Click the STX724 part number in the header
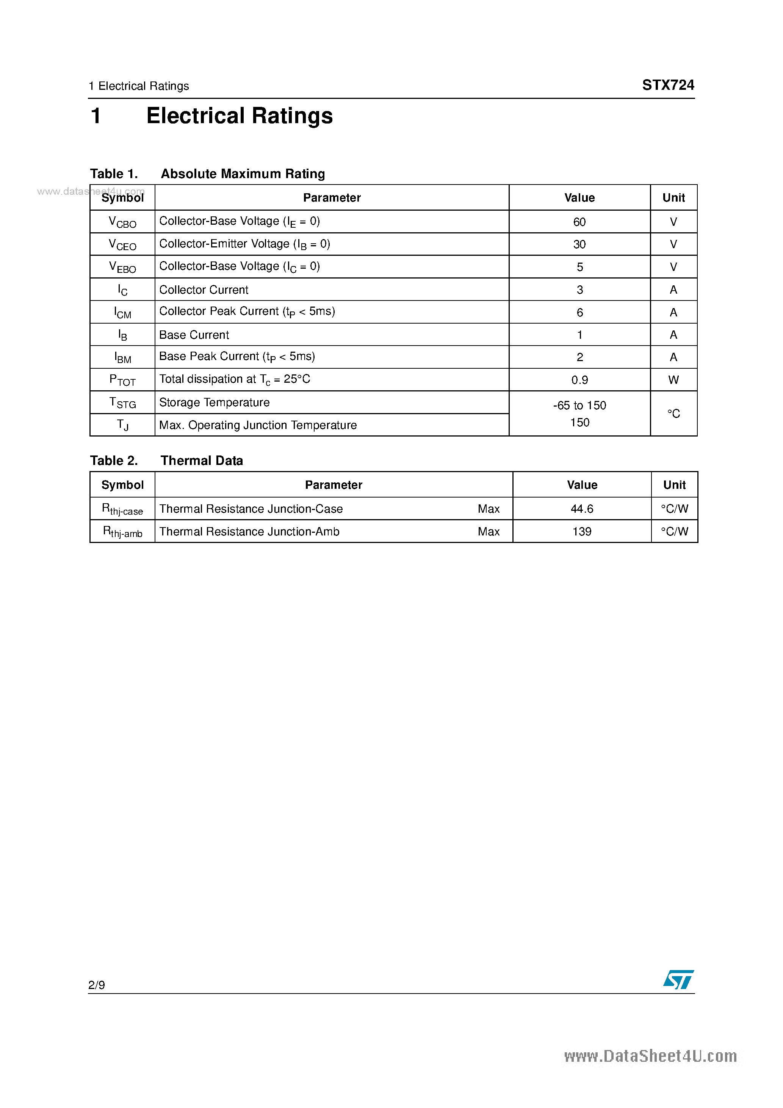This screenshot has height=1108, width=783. [x=668, y=85]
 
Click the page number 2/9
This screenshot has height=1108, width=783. [x=97, y=984]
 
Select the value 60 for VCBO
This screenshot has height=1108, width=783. [x=579, y=222]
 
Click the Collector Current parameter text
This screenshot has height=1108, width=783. [x=204, y=290]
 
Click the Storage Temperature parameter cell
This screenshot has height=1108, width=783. [x=215, y=402]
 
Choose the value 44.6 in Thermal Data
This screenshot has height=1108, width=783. [x=582, y=509]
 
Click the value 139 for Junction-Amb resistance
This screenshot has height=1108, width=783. [x=582, y=531]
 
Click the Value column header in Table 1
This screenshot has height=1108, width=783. [x=579, y=197]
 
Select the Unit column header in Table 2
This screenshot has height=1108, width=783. [x=674, y=485]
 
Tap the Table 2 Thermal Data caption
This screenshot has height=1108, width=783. [x=166, y=460]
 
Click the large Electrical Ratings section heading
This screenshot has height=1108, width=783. [x=240, y=116]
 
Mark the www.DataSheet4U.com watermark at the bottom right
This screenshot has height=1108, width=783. [x=650, y=1056]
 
